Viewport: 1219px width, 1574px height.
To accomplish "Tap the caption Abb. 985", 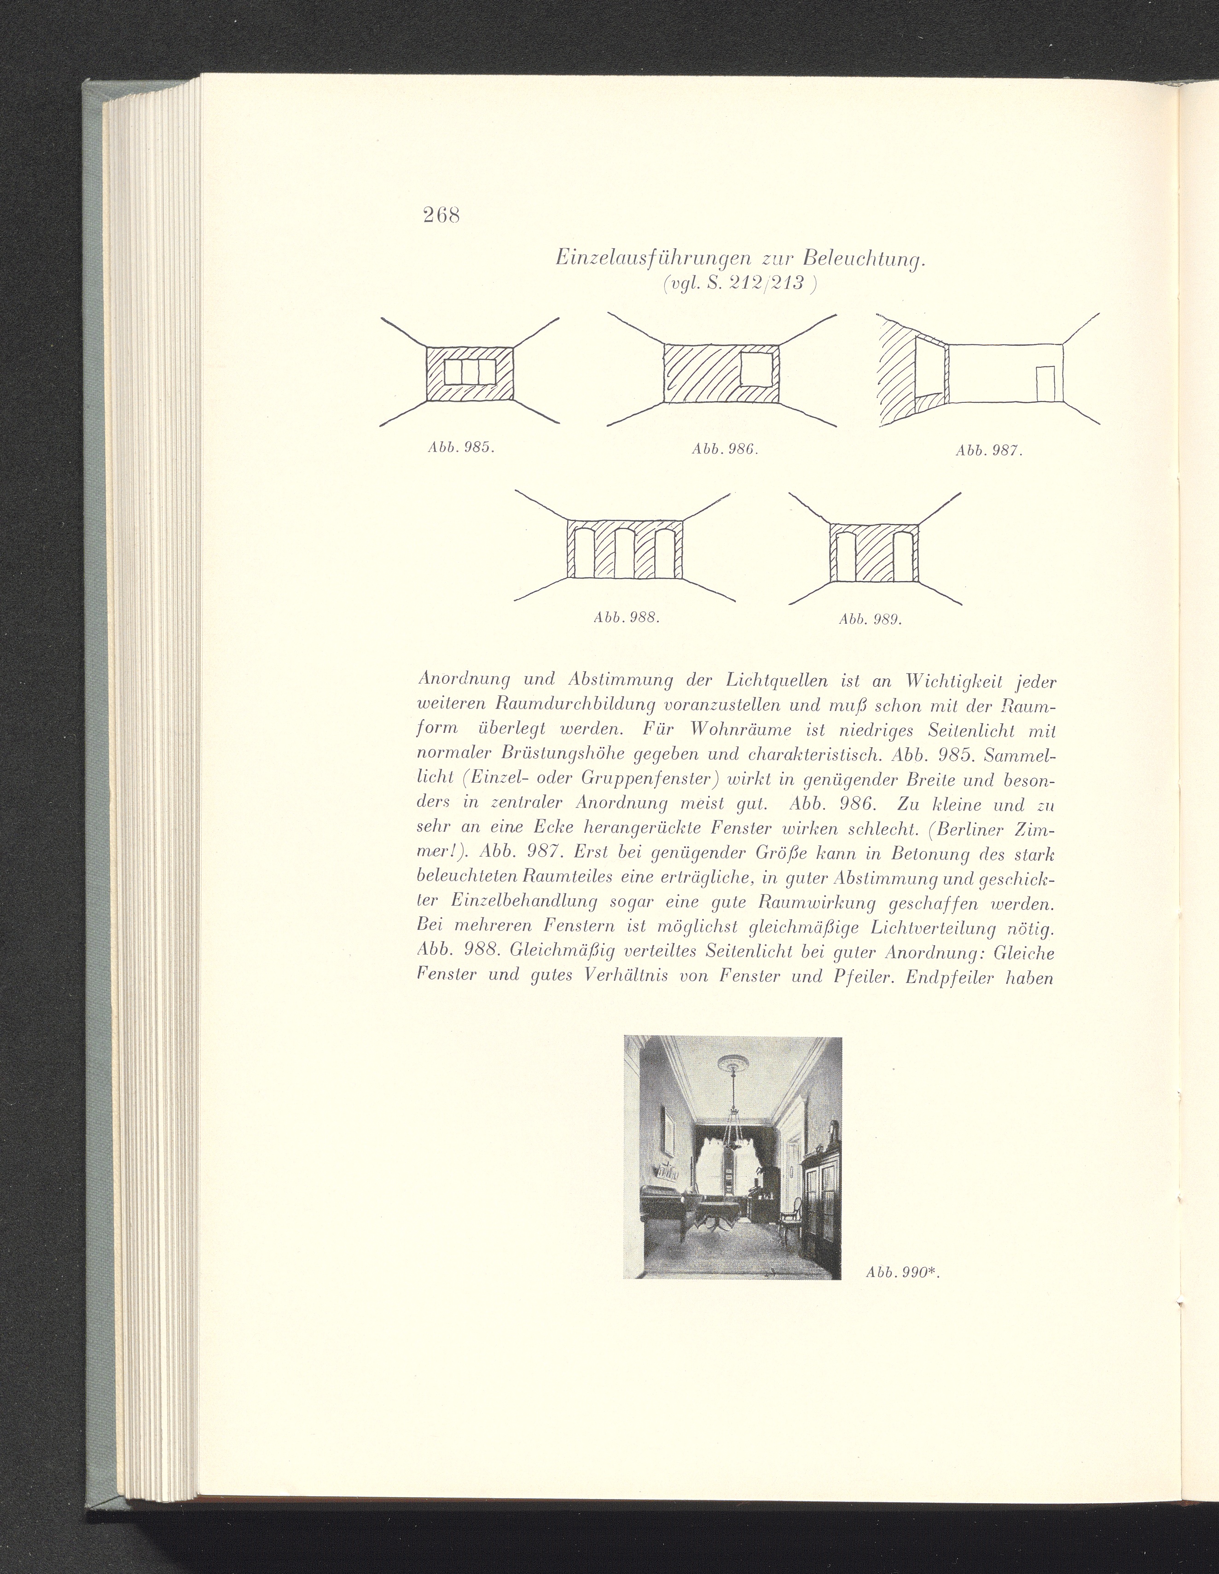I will click(460, 447).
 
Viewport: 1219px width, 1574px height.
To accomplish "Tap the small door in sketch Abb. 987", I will click(1045, 383).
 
